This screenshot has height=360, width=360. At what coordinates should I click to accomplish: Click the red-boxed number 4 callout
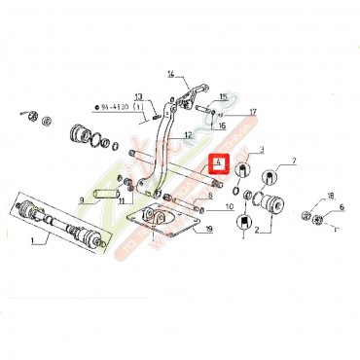[x=220, y=163]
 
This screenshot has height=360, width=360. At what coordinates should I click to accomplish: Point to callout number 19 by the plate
[x=208, y=230]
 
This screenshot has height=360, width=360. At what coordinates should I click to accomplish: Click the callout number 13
[x=139, y=96]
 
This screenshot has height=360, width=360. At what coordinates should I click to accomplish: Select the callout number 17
[x=252, y=112]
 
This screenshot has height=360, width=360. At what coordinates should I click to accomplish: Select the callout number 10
[x=230, y=207]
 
